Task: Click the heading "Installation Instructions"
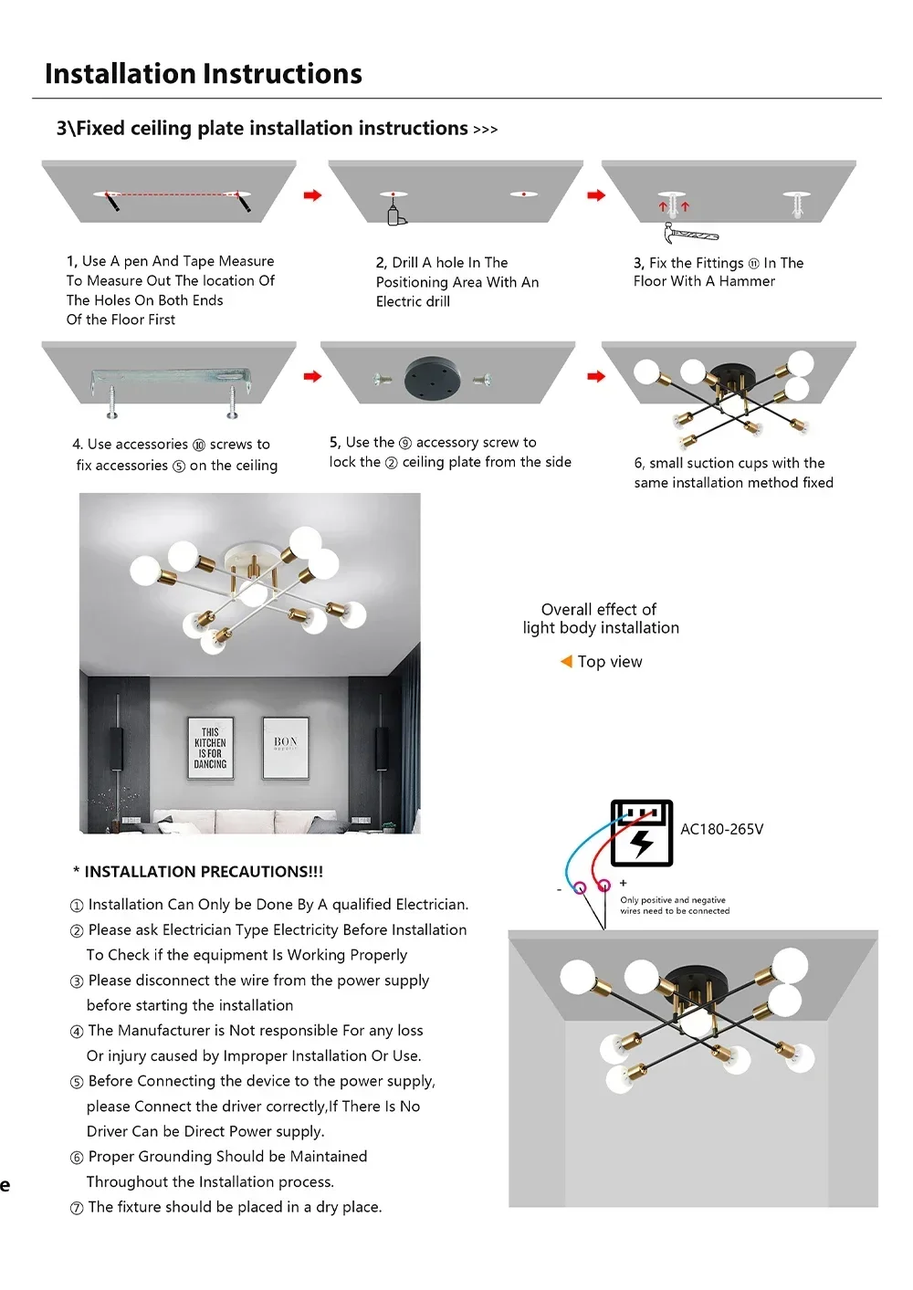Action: click(x=203, y=74)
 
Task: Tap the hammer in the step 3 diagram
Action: click(x=690, y=234)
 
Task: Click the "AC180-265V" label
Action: click(x=721, y=829)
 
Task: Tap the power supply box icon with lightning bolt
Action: click(x=641, y=833)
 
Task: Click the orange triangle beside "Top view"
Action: click(x=566, y=661)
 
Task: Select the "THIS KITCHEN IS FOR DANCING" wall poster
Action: click(x=210, y=748)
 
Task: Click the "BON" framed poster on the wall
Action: click(x=286, y=747)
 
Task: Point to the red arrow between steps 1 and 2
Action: click(x=312, y=195)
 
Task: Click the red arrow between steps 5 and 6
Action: click(x=596, y=376)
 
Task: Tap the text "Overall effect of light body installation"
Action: click(x=600, y=618)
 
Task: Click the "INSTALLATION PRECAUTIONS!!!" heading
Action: click(x=203, y=872)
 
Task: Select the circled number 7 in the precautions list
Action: click(x=77, y=1208)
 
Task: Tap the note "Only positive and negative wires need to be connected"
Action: click(x=675, y=905)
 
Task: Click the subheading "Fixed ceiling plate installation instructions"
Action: click(x=271, y=129)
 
